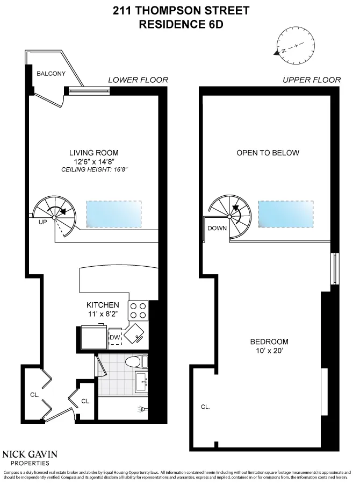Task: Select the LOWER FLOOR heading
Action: (x=138, y=80)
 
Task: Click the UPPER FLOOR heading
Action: (x=312, y=80)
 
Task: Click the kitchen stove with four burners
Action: (x=137, y=310)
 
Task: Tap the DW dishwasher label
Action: (x=114, y=337)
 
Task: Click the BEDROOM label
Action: (x=269, y=341)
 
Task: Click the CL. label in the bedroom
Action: (x=205, y=407)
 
